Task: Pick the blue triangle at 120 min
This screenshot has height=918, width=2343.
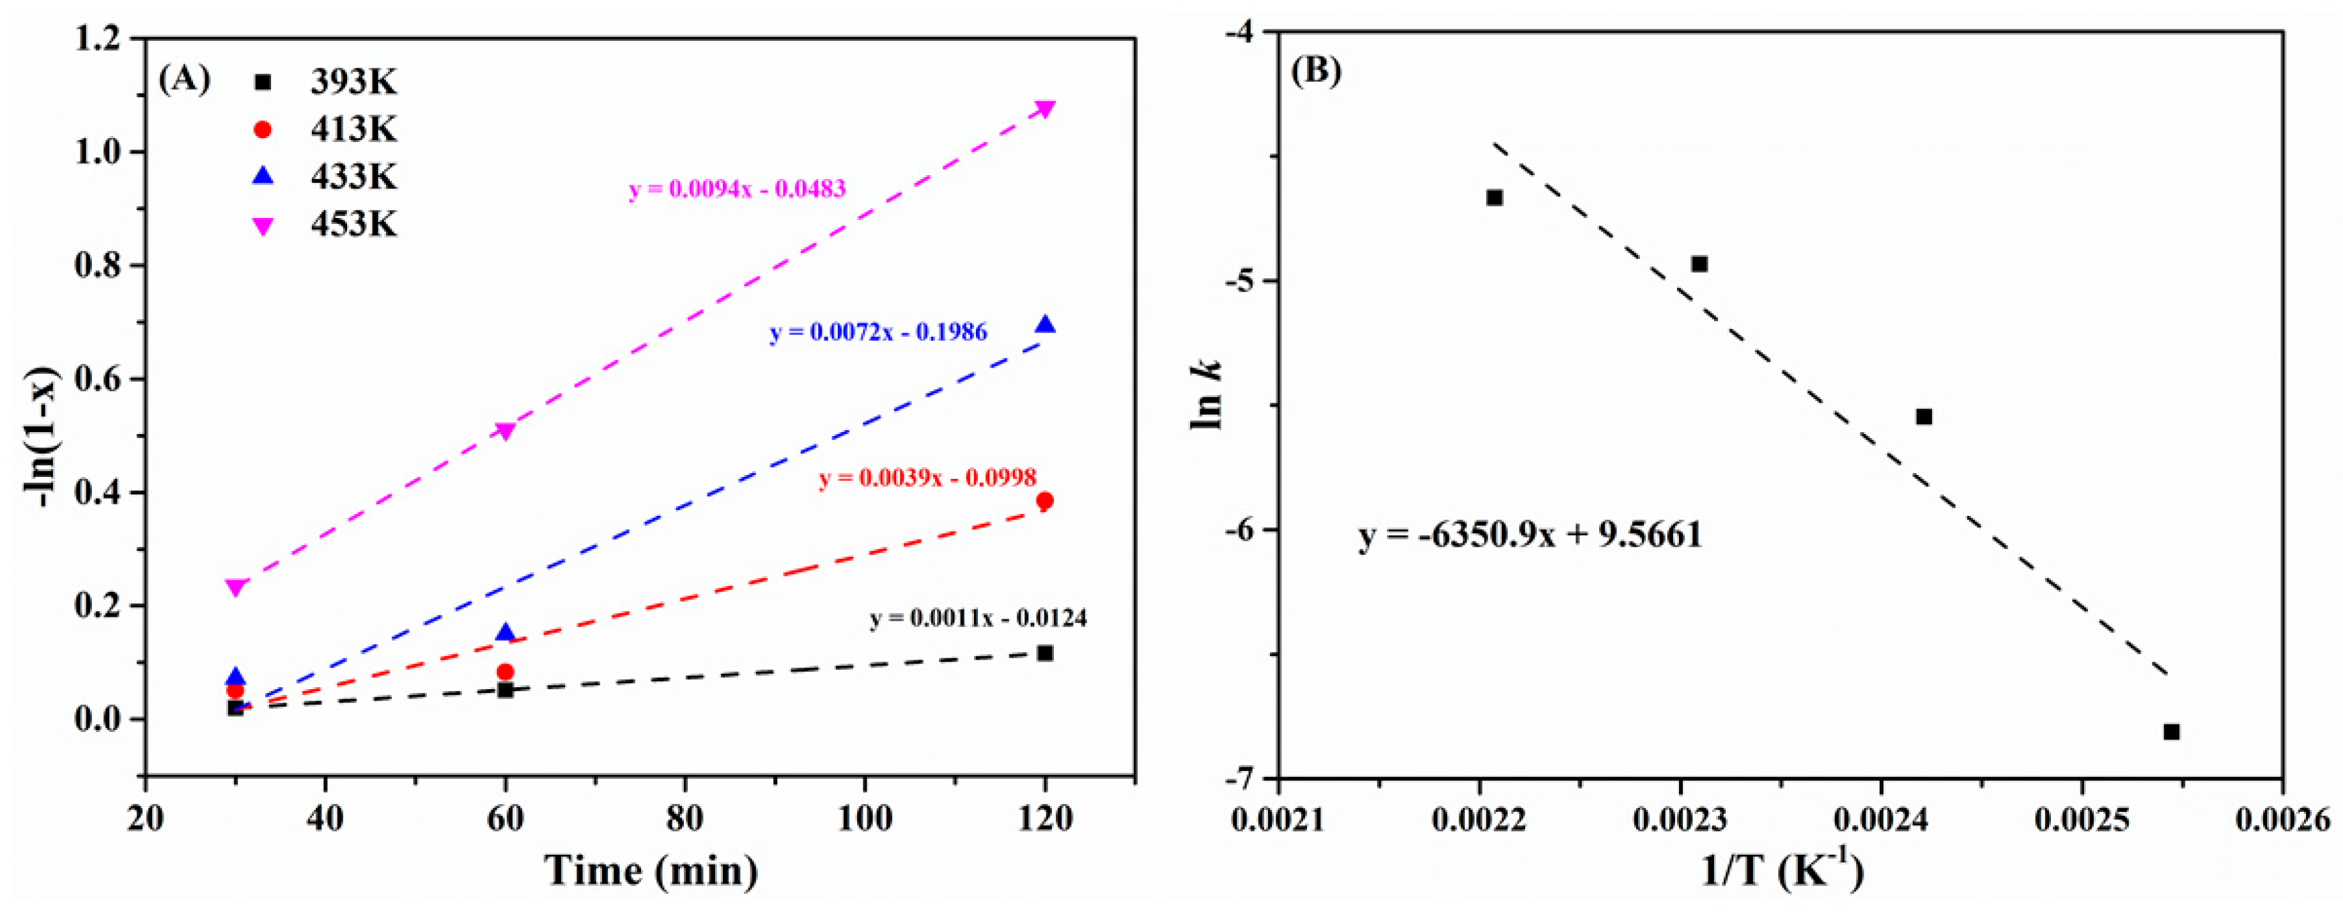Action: pyautogui.click(x=1045, y=325)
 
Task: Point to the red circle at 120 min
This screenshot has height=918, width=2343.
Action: pyautogui.click(x=1045, y=501)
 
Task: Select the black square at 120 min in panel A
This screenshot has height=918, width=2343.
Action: pyautogui.click(x=1045, y=653)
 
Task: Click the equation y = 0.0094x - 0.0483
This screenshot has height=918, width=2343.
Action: pyautogui.click(x=737, y=189)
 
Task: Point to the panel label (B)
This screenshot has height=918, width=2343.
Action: pyautogui.click(x=1315, y=71)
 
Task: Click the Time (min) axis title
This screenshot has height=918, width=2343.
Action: pyautogui.click(x=651, y=871)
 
